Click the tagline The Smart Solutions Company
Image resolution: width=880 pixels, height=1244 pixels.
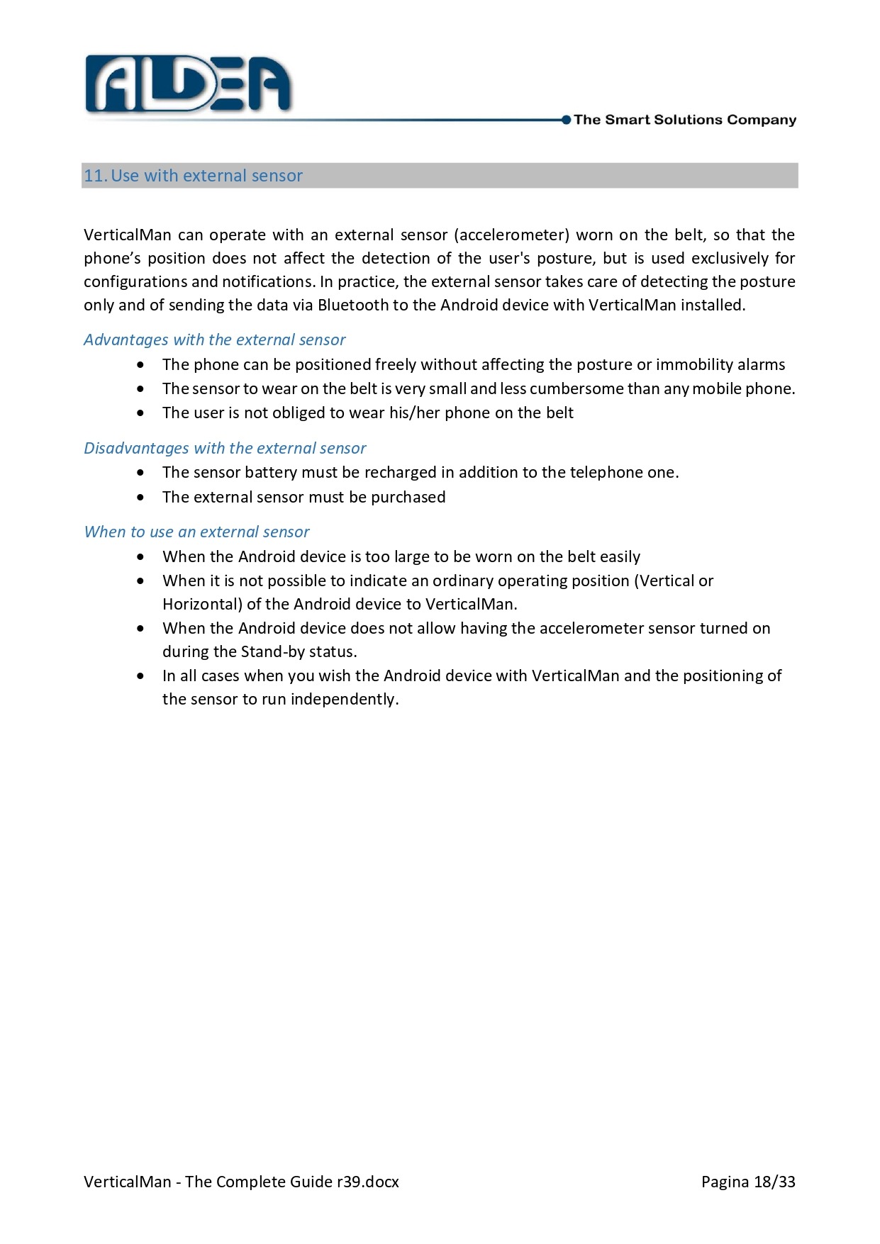click(x=684, y=120)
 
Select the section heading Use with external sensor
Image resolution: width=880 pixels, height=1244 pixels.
click(x=206, y=176)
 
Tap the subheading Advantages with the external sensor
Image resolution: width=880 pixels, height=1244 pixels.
click(x=214, y=340)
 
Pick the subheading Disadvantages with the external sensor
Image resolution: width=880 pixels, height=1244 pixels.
click(x=225, y=449)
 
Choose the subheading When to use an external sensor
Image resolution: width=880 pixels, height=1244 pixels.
click(x=196, y=532)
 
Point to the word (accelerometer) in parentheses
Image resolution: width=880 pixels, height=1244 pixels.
click(x=511, y=235)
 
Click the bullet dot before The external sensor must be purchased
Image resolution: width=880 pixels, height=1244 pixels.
click(x=141, y=498)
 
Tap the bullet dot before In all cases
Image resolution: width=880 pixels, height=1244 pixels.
click(x=141, y=676)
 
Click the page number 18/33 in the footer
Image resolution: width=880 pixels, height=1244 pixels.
click(x=774, y=1182)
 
